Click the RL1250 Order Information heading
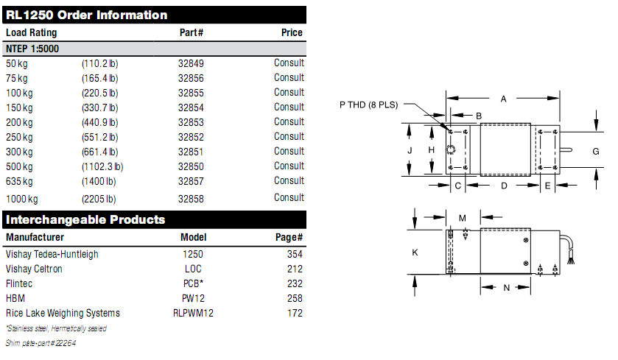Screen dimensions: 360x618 click(x=87, y=15)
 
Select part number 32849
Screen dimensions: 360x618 click(x=191, y=63)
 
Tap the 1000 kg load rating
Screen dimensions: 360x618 click(x=22, y=199)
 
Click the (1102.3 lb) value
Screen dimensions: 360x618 click(x=102, y=166)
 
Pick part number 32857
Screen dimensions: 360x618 click(x=191, y=181)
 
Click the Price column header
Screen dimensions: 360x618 click(x=292, y=32)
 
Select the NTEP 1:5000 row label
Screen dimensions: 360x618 click(x=32, y=49)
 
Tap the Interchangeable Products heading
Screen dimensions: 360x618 click(x=85, y=219)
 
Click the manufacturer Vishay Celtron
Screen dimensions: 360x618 click(x=34, y=269)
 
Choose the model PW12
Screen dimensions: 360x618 click(x=193, y=298)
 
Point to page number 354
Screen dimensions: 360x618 click(x=295, y=254)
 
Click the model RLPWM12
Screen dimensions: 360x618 click(x=193, y=313)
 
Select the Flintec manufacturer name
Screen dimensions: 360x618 click(x=19, y=283)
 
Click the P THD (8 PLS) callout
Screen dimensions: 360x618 click(x=368, y=105)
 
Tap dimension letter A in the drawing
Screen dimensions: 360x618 click(x=504, y=98)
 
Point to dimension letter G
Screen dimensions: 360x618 click(x=596, y=151)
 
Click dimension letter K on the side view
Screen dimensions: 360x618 click(x=415, y=253)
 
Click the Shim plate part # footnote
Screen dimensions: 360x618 click(x=41, y=342)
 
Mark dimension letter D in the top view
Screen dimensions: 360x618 click(x=504, y=186)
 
